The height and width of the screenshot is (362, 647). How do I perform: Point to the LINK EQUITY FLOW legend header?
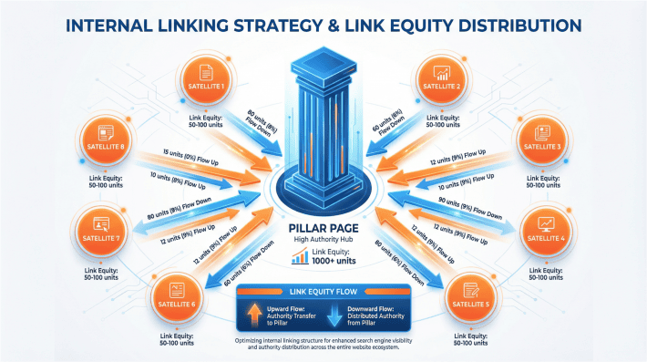324,291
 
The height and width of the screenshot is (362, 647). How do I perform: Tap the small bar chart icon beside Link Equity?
297,259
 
